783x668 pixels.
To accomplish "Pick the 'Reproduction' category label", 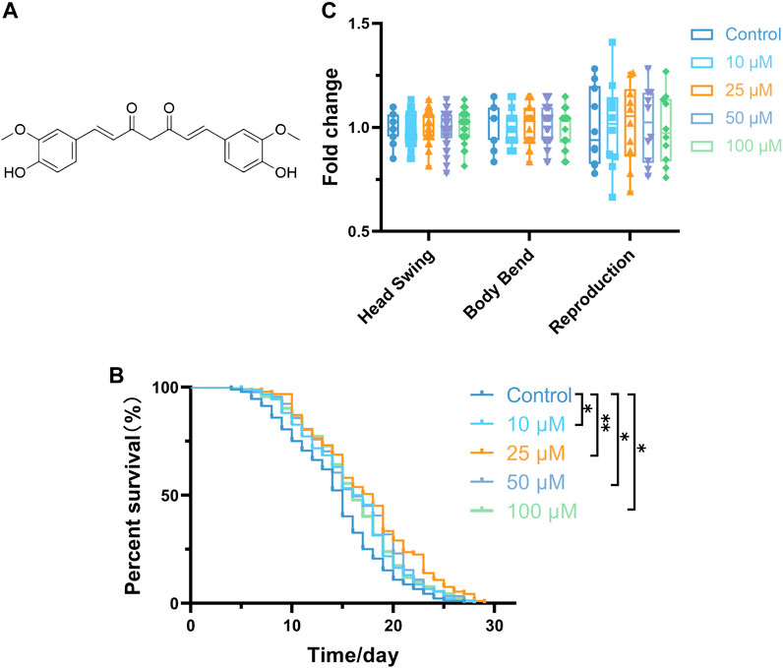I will pyautogui.click(x=591, y=288).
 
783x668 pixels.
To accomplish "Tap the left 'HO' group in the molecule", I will pyautogui.click(x=16, y=173).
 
